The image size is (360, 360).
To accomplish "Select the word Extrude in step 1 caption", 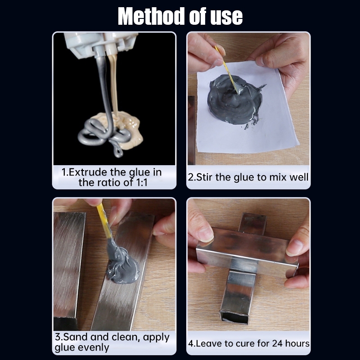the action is coord(88,172).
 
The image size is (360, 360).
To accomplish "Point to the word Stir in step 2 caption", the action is coord(204,177).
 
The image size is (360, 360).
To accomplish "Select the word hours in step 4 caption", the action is coord(297,343).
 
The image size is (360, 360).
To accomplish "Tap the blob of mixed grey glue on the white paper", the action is coord(235,100).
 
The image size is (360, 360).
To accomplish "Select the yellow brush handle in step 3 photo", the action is coord(104,221).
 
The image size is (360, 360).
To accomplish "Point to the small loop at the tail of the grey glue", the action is coord(118,152).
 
